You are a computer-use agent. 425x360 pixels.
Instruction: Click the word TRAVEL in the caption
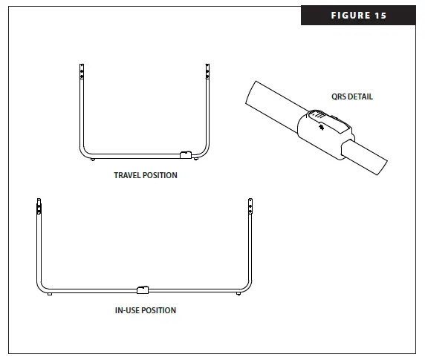[x=126, y=176]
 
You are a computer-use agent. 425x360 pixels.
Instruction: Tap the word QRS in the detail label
[x=339, y=96]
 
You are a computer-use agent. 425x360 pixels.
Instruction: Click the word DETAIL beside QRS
[x=361, y=96]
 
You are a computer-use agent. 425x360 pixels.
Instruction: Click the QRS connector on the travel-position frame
[x=186, y=154]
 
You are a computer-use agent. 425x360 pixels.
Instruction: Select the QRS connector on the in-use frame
[x=143, y=289]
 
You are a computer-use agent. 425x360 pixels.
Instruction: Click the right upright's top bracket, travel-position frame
[x=207, y=71]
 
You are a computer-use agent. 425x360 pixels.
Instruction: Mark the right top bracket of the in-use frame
[x=250, y=206]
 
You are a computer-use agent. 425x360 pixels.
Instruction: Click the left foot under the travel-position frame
[x=91, y=159]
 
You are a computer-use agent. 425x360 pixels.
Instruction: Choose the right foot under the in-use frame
[x=238, y=294]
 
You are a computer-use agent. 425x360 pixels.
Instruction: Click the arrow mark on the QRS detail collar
[x=320, y=127]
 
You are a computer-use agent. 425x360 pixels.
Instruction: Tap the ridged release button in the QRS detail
[x=317, y=115]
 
